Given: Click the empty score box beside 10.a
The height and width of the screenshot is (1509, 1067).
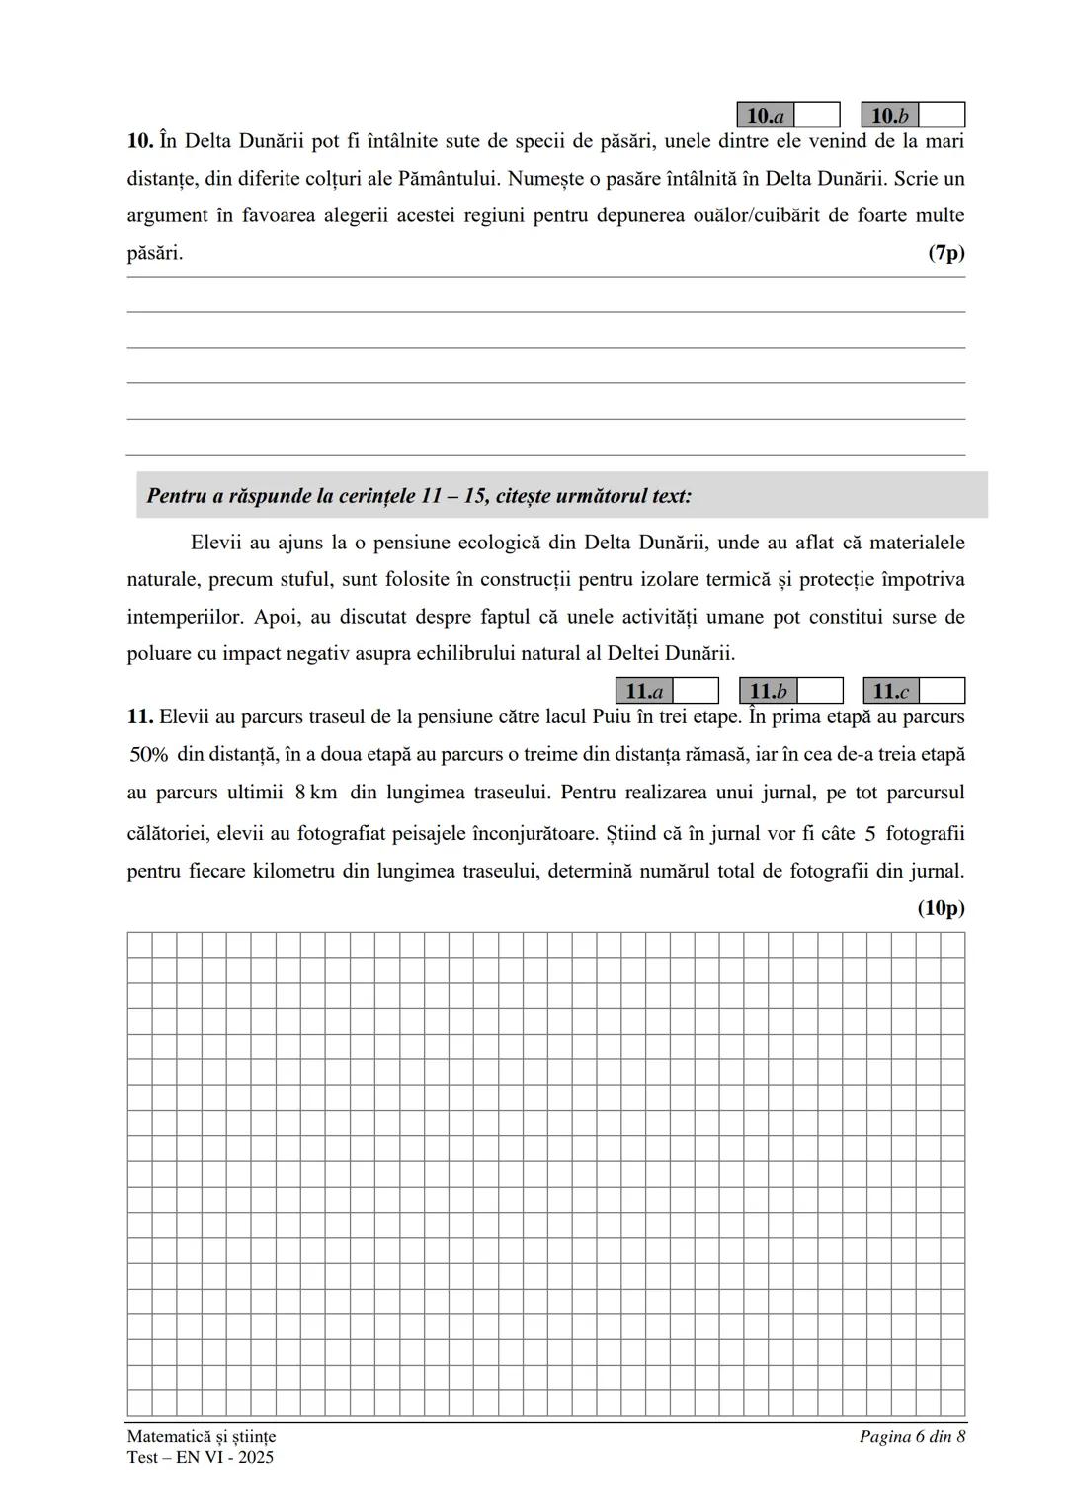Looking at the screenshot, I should [817, 116].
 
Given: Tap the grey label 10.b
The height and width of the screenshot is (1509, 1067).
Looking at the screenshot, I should [889, 116].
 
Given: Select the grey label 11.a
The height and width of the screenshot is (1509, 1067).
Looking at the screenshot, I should [643, 691].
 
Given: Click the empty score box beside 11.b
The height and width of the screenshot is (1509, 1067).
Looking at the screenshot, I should [819, 691].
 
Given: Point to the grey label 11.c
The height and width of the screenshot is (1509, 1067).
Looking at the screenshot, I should [890, 691].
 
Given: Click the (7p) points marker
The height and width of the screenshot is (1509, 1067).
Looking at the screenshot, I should [945, 253].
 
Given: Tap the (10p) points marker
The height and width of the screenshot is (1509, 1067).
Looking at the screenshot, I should [941, 908].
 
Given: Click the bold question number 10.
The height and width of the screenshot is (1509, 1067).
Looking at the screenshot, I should [139, 141].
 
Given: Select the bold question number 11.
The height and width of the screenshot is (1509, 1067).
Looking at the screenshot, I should [139, 716].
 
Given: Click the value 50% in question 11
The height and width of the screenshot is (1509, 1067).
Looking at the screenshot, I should [149, 755].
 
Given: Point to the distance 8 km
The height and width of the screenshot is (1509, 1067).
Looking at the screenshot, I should [316, 793].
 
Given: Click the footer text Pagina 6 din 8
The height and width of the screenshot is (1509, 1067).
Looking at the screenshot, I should [912, 1436].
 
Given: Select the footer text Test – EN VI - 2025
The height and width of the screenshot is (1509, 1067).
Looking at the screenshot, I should [201, 1457].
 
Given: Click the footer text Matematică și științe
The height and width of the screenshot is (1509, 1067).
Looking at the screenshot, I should [202, 1436].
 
